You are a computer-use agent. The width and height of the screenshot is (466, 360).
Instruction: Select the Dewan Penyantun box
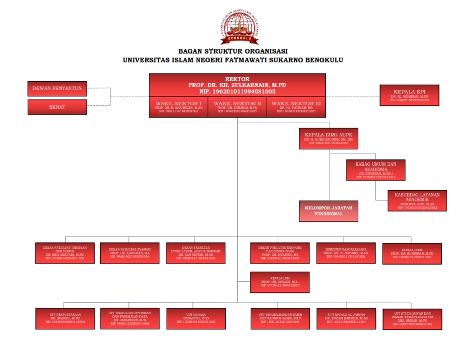point(58,89)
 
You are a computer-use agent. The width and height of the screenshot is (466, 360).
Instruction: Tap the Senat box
point(58,108)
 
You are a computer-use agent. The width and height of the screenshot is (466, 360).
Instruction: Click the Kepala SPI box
point(410,95)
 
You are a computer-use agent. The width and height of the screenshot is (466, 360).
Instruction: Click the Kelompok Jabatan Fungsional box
point(328,211)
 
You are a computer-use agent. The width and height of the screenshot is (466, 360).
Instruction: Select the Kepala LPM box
point(279,282)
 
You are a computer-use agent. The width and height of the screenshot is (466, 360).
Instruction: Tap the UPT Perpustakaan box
point(65,318)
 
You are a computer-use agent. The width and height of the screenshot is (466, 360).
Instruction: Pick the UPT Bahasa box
point(195,318)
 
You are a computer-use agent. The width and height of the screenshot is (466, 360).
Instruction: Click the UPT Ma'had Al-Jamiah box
point(345,318)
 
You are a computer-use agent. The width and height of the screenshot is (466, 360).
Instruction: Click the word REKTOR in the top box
point(237,79)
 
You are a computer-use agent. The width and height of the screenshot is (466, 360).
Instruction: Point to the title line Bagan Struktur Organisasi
point(233,52)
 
